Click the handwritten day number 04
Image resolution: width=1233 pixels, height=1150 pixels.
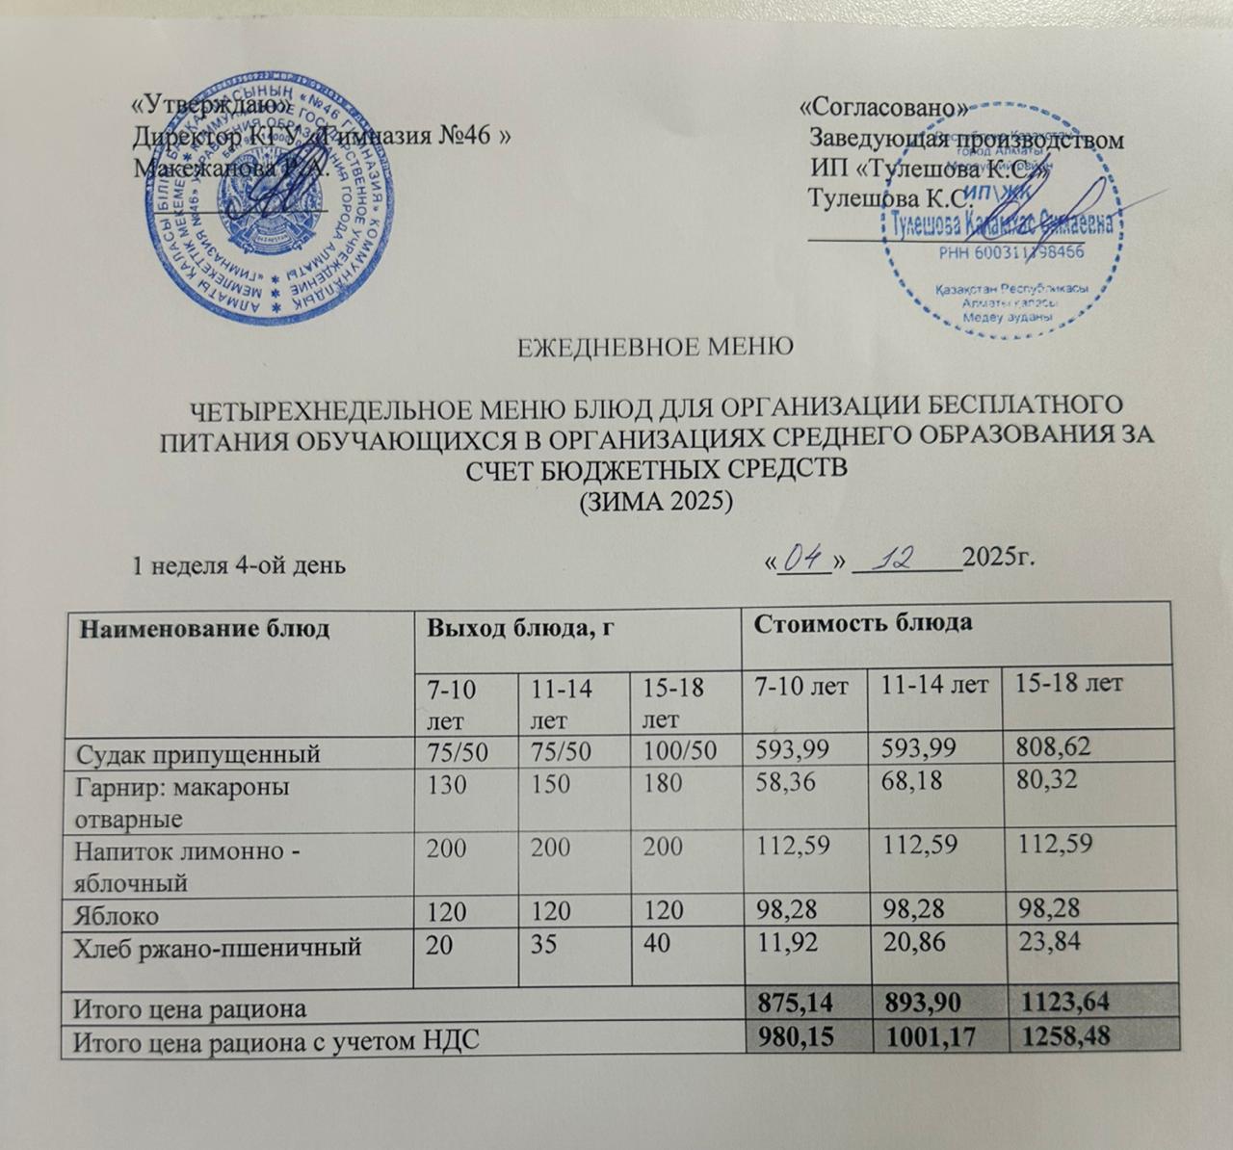803,558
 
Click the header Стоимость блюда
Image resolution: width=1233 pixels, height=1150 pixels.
862,623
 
